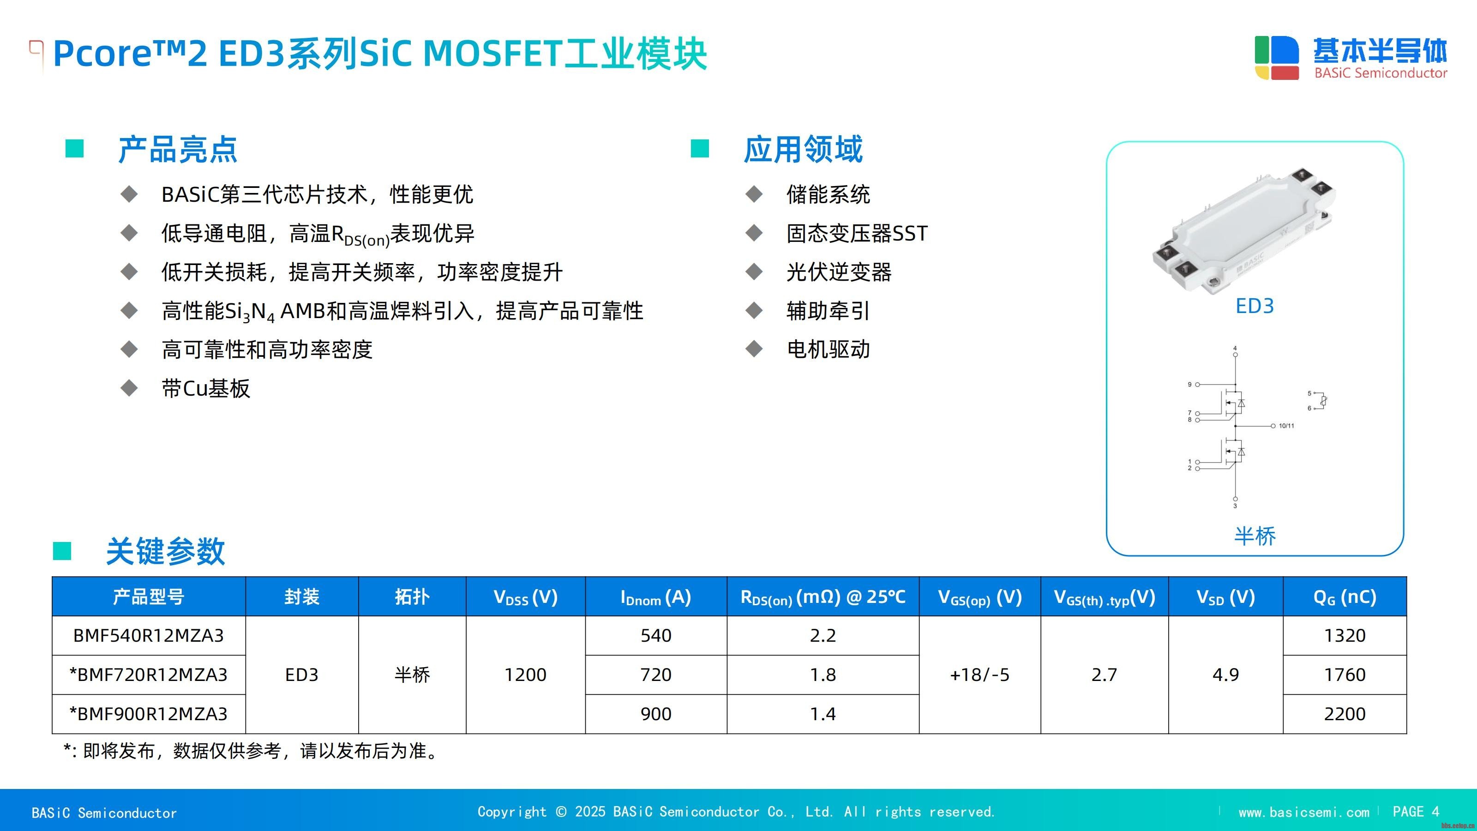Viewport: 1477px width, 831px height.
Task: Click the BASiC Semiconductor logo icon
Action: click(x=1276, y=57)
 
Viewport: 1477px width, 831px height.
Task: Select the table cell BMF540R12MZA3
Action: click(x=149, y=635)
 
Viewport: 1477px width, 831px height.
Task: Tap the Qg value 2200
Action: click(x=1345, y=714)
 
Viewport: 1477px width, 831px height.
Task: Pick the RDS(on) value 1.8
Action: click(x=823, y=675)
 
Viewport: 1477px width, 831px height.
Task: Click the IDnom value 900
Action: click(x=656, y=714)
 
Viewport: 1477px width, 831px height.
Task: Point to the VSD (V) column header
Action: click(x=1225, y=597)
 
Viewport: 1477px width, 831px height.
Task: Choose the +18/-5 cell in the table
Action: click(x=979, y=675)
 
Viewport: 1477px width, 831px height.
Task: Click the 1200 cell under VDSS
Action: click(x=525, y=675)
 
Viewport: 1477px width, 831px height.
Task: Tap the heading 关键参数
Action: click(x=165, y=551)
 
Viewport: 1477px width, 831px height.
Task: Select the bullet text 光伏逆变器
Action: click(x=839, y=272)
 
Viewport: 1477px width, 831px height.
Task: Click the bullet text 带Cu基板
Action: click(x=206, y=388)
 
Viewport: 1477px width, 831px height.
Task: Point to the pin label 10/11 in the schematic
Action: click(x=1287, y=426)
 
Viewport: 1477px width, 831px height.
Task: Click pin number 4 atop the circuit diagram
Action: click(x=1235, y=348)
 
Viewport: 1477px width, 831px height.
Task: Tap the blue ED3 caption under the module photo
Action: click(x=1255, y=306)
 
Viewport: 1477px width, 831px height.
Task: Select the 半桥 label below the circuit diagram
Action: click(x=1255, y=536)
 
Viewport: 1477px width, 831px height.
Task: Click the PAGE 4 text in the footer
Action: click(x=1416, y=812)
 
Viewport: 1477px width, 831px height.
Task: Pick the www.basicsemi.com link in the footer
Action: click(x=1304, y=812)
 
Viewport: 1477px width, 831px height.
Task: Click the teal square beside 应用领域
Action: click(x=700, y=149)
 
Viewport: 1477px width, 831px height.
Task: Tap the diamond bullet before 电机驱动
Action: click(x=754, y=349)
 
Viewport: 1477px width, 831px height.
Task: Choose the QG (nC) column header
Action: click(x=1345, y=597)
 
